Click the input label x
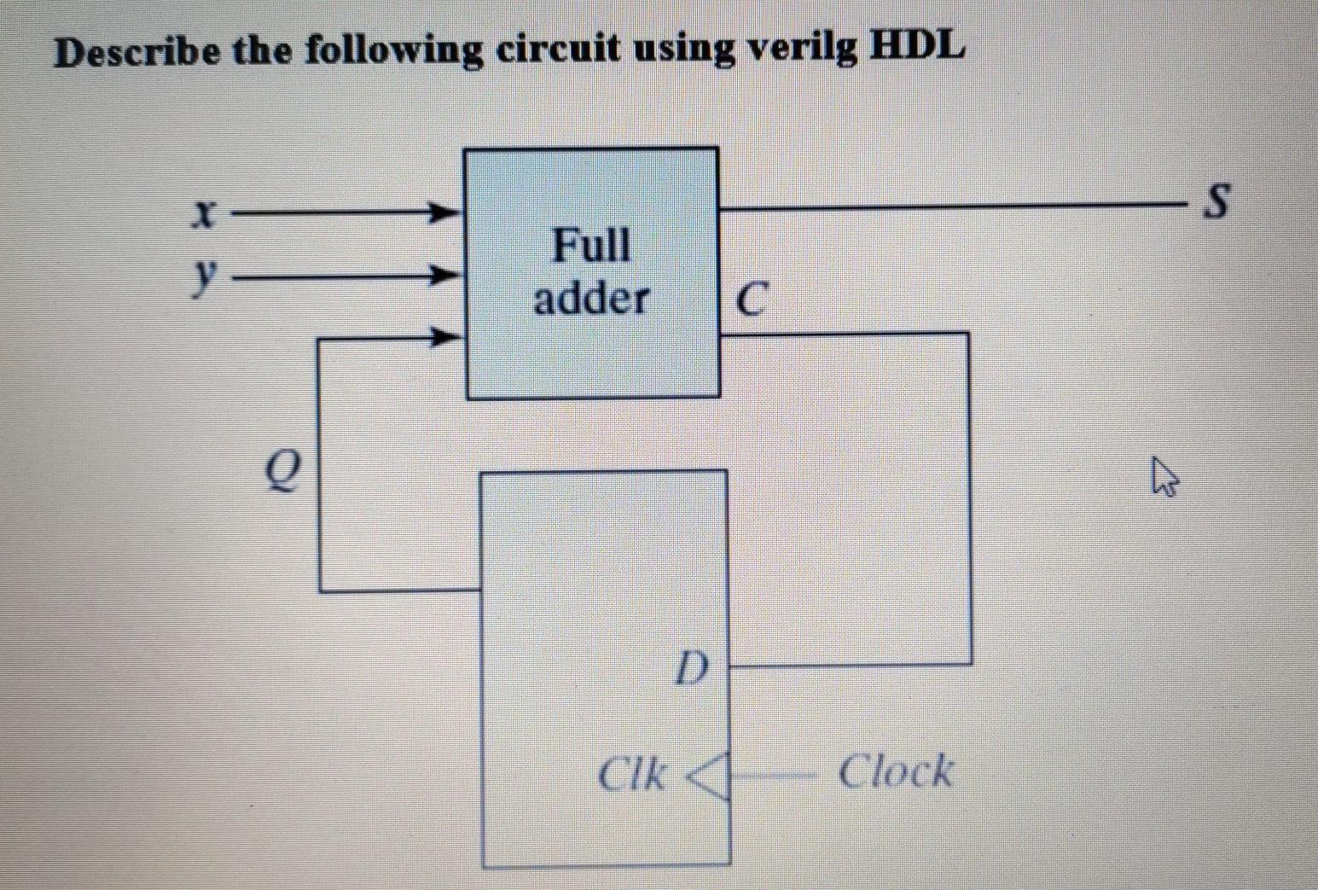[201, 213]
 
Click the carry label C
[749, 300]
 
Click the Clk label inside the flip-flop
[631, 775]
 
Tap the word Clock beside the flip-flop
[895, 771]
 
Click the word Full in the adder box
[591, 246]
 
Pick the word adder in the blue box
[591, 299]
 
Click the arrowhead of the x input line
[443, 211]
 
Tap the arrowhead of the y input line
[443, 276]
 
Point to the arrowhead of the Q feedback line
[443, 338]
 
